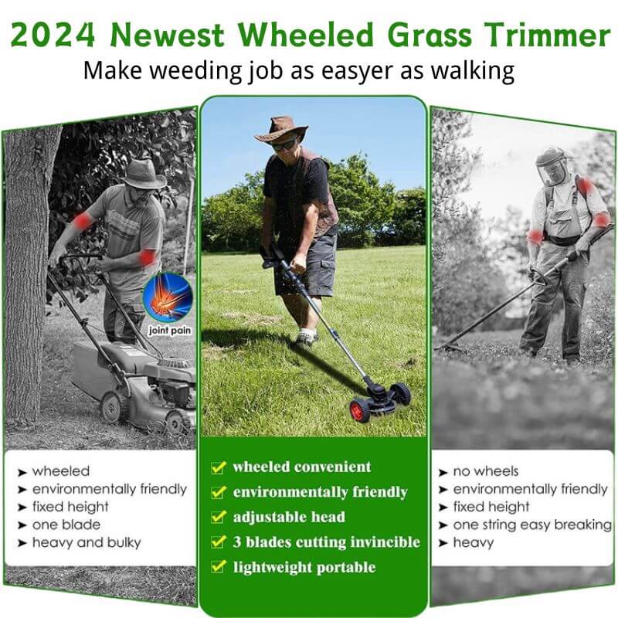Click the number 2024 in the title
point(54,35)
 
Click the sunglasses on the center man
point(284,144)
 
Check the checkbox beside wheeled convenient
point(219,467)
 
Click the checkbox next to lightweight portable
point(219,568)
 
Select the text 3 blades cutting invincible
point(326,542)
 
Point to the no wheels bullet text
point(485,470)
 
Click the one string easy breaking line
point(531,525)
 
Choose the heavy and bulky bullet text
point(87,542)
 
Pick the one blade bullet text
point(66,525)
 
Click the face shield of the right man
point(552,168)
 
